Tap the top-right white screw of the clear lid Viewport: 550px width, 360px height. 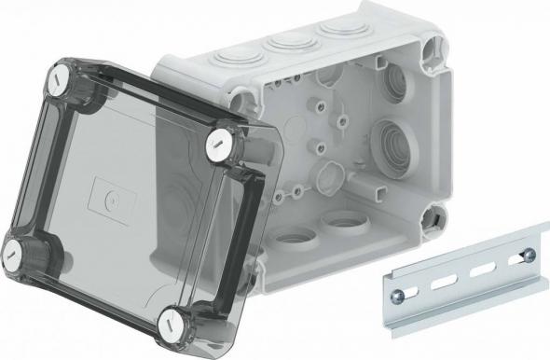(218, 141)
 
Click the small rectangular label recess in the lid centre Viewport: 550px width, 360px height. (113, 198)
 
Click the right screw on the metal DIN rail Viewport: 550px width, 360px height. (529, 255)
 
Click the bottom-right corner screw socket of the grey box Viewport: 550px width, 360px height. (434, 217)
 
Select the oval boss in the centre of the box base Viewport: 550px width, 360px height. (328, 173)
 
